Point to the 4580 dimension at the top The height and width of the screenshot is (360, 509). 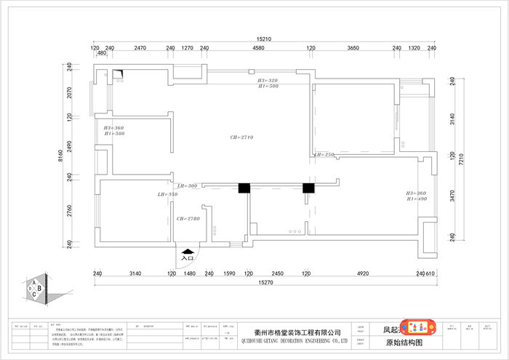pyautogui.click(x=258, y=48)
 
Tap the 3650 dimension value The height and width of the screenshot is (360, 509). pyautogui.click(x=353, y=48)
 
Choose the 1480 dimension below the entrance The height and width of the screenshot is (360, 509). pyautogui.click(x=190, y=273)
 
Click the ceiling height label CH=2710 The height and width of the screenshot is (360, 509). pyautogui.click(x=241, y=137)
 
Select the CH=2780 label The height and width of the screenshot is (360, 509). pyautogui.click(x=188, y=218)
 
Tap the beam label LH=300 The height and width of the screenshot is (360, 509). pyautogui.click(x=188, y=186)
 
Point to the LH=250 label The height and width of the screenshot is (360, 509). pyautogui.click(x=324, y=155)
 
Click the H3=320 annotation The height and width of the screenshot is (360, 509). pyautogui.click(x=268, y=80)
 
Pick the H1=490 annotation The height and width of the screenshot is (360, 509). pyautogui.click(x=417, y=199)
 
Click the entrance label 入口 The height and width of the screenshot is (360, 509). pyautogui.click(x=187, y=257)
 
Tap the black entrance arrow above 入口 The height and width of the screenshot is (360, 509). pyautogui.click(x=187, y=249)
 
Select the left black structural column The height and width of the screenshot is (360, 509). pyautogui.click(x=245, y=188)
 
